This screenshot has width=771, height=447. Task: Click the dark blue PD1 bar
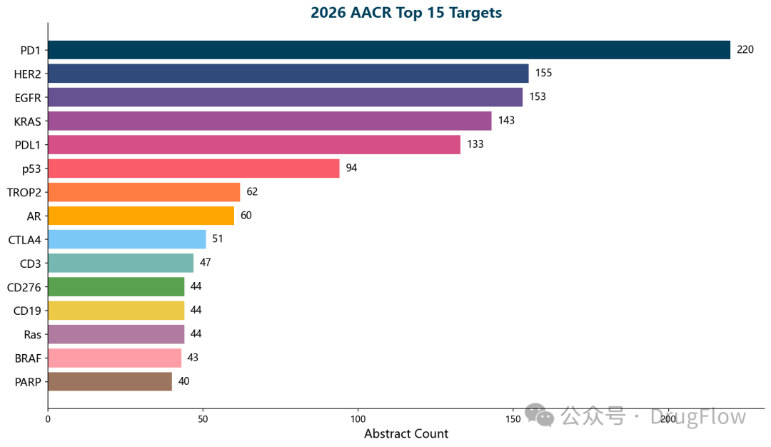(389, 49)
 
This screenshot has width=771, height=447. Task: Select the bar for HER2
(288, 74)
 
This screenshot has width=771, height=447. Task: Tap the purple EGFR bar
(285, 97)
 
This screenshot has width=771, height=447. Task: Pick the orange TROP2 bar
(144, 192)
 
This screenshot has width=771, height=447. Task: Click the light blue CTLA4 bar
(127, 239)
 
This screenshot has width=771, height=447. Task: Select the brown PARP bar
(110, 381)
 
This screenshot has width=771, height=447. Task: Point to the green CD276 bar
(116, 287)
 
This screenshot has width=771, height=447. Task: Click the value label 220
(745, 49)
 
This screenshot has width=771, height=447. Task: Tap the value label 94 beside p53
(351, 169)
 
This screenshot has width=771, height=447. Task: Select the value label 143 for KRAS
(506, 121)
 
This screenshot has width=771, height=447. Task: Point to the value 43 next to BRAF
(193, 358)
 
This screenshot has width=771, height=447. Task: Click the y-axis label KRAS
(27, 121)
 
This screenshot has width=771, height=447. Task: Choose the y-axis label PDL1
(27, 145)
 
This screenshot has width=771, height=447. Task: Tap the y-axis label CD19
(27, 311)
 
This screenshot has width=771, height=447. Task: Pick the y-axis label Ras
(33, 334)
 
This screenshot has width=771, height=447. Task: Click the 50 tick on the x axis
(203, 418)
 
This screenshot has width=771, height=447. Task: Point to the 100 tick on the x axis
(358, 418)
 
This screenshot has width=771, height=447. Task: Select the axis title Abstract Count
(406, 434)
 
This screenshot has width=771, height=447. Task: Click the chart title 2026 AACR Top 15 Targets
(406, 12)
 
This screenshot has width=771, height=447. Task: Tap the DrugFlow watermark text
(698, 417)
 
